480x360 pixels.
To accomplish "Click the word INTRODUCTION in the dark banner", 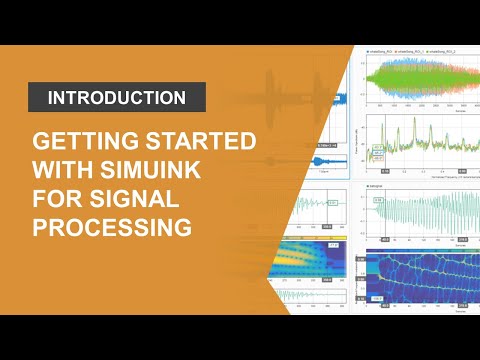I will [117, 97].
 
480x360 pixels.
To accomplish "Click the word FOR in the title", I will [58, 197].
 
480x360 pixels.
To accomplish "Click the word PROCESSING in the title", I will [111, 226].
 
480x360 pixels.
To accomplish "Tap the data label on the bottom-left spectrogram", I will [333, 245].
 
